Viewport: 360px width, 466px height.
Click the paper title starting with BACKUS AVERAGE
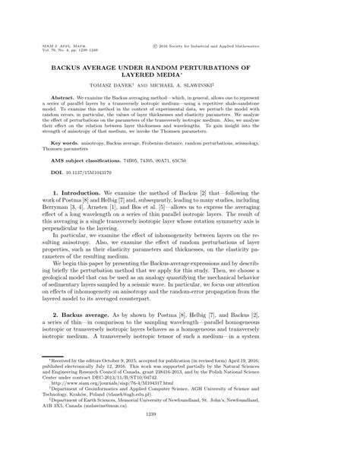180,71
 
